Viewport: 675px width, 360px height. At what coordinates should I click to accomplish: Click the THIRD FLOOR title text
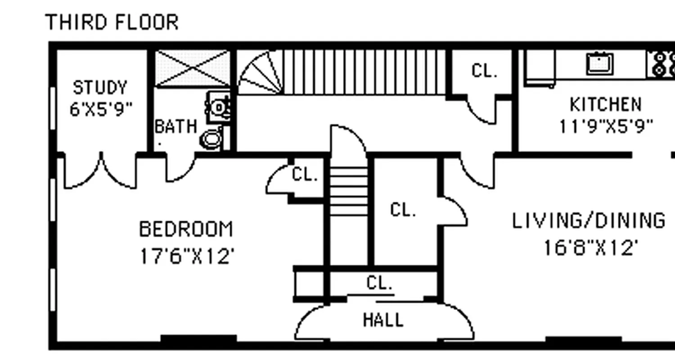(112, 22)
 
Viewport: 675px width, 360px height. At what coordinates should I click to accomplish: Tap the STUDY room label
(100, 87)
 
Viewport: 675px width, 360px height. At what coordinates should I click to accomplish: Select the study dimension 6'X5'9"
(101, 109)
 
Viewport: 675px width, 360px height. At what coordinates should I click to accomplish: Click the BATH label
(175, 126)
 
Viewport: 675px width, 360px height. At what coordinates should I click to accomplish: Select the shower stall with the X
(193, 68)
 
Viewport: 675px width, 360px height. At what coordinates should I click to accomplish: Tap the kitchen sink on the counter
(599, 63)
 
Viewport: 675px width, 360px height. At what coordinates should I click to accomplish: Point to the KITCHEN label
(605, 104)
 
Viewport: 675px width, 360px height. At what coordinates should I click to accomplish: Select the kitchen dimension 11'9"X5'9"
(605, 126)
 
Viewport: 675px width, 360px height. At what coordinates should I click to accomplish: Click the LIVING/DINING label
(589, 221)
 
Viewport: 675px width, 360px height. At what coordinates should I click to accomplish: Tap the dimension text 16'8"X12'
(591, 247)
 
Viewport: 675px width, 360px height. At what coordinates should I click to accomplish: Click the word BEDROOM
(186, 229)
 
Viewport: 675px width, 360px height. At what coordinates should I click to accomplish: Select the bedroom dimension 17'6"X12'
(187, 256)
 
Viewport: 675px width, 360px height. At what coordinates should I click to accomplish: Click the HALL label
(383, 320)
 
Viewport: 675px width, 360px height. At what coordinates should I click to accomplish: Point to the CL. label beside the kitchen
(484, 71)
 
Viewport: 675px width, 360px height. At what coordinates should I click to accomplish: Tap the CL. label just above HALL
(379, 283)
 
